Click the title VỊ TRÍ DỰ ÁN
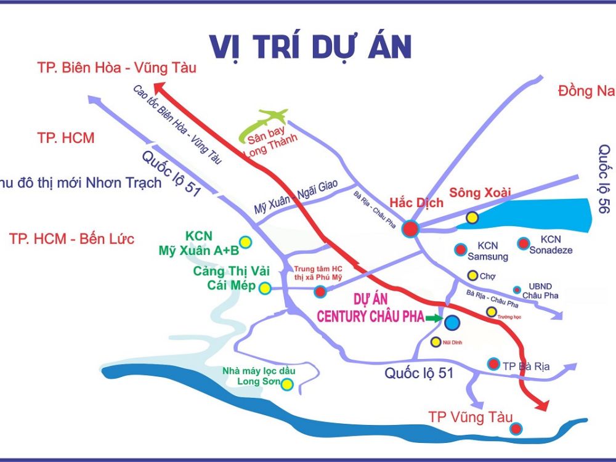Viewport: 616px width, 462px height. (x=310, y=47)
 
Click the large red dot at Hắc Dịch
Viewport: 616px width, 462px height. (x=410, y=229)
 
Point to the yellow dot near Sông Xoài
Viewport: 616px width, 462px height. (x=472, y=217)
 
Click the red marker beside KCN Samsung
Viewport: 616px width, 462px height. (x=460, y=249)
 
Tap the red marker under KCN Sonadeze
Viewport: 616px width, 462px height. (x=524, y=243)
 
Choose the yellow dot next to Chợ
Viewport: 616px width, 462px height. (x=472, y=275)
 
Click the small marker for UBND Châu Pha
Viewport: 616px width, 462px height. (x=517, y=290)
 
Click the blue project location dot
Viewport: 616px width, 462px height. (x=452, y=322)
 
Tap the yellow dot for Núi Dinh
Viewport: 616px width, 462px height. (x=436, y=342)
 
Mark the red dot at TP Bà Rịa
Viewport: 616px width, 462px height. (x=493, y=363)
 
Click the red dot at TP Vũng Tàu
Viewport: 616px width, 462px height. (x=516, y=428)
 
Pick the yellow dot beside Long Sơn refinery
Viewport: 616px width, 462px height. (x=286, y=384)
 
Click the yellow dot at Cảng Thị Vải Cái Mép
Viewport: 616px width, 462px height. (x=265, y=288)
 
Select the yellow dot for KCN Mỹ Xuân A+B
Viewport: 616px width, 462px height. (x=245, y=241)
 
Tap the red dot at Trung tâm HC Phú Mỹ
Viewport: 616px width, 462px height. (x=320, y=291)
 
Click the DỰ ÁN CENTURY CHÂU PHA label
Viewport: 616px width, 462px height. (x=370, y=308)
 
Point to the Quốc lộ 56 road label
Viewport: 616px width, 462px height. (x=604, y=179)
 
